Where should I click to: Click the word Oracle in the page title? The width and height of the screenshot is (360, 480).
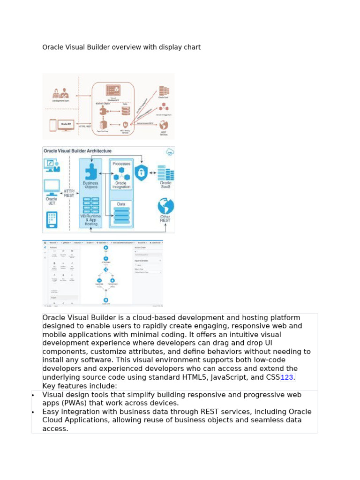click(52, 47)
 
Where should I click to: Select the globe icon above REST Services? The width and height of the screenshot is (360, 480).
click(164, 125)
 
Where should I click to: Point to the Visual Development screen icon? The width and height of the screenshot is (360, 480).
click(113, 89)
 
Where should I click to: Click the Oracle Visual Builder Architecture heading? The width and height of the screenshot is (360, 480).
click(77, 151)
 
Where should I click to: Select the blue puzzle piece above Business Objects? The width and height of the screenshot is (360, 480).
click(90, 171)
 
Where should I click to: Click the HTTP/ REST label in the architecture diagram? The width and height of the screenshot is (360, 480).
click(69, 193)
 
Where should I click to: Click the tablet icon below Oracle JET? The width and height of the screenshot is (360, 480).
click(52, 220)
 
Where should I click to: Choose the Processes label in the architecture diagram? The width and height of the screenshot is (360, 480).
click(121, 164)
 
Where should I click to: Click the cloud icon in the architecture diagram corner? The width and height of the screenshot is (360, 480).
click(170, 151)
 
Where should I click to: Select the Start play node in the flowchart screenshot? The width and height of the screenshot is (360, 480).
click(106, 247)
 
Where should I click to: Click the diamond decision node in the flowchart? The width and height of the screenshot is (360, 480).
click(106, 270)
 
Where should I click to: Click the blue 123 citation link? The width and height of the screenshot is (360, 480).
click(287, 377)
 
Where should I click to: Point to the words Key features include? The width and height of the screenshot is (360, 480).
click(80, 386)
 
